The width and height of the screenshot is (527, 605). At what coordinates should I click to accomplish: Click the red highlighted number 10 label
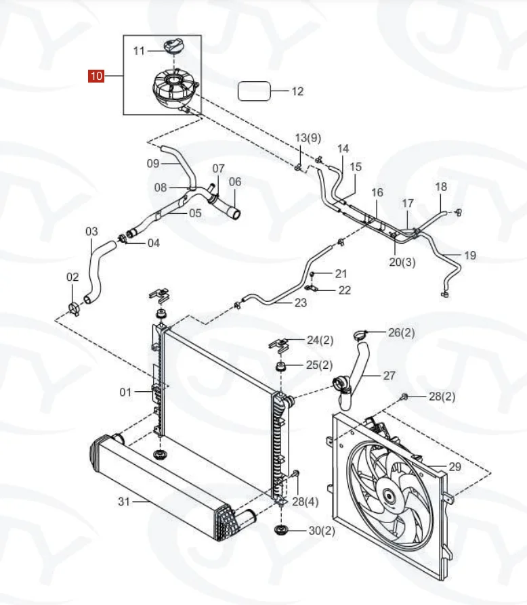click(x=96, y=76)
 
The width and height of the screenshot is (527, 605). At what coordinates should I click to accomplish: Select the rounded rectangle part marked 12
click(x=253, y=91)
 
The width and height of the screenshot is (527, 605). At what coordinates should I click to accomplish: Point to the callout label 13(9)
click(x=308, y=138)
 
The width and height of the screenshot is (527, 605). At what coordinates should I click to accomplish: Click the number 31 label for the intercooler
click(x=123, y=501)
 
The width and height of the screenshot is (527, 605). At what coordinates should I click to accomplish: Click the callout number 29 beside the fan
click(x=455, y=467)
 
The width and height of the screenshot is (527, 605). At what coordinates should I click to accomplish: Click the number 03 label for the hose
click(x=91, y=231)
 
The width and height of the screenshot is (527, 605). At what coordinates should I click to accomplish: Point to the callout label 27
click(x=389, y=376)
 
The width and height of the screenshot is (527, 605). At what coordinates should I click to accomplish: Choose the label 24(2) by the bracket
click(x=320, y=340)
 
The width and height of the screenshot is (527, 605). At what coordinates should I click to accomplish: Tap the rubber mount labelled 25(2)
click(x=278, y=367)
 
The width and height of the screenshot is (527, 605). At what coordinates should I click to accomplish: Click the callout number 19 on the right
click(x=470, y=255)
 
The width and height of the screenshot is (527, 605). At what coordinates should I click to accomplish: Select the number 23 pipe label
click(x=300, y=302)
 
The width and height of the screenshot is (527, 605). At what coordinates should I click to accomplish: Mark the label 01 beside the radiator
click(x=125, y=391)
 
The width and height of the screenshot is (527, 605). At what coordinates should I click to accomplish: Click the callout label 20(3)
click(x=402, y=261)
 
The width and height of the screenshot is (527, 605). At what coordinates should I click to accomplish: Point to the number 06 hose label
click(x=234, y=181)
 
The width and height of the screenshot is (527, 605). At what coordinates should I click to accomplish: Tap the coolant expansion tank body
click(x=175, y=89)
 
